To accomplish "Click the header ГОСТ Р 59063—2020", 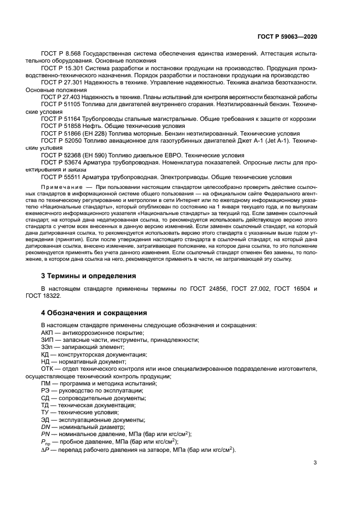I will tap(286, 35).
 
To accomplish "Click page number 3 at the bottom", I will tap(315, 463).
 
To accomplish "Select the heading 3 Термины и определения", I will tap(89, 276).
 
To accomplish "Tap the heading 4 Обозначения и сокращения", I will tap(94, 313).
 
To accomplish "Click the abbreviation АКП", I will tap(47, 333).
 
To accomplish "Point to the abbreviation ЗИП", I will tap(47, 340).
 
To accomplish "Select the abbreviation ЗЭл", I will tap(47, 347).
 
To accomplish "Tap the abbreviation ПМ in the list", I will tap(46, 383).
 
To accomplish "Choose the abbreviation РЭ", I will tap(46, 390).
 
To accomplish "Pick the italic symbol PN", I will tap(46, 434).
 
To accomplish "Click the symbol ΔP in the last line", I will tap(45, 449).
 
